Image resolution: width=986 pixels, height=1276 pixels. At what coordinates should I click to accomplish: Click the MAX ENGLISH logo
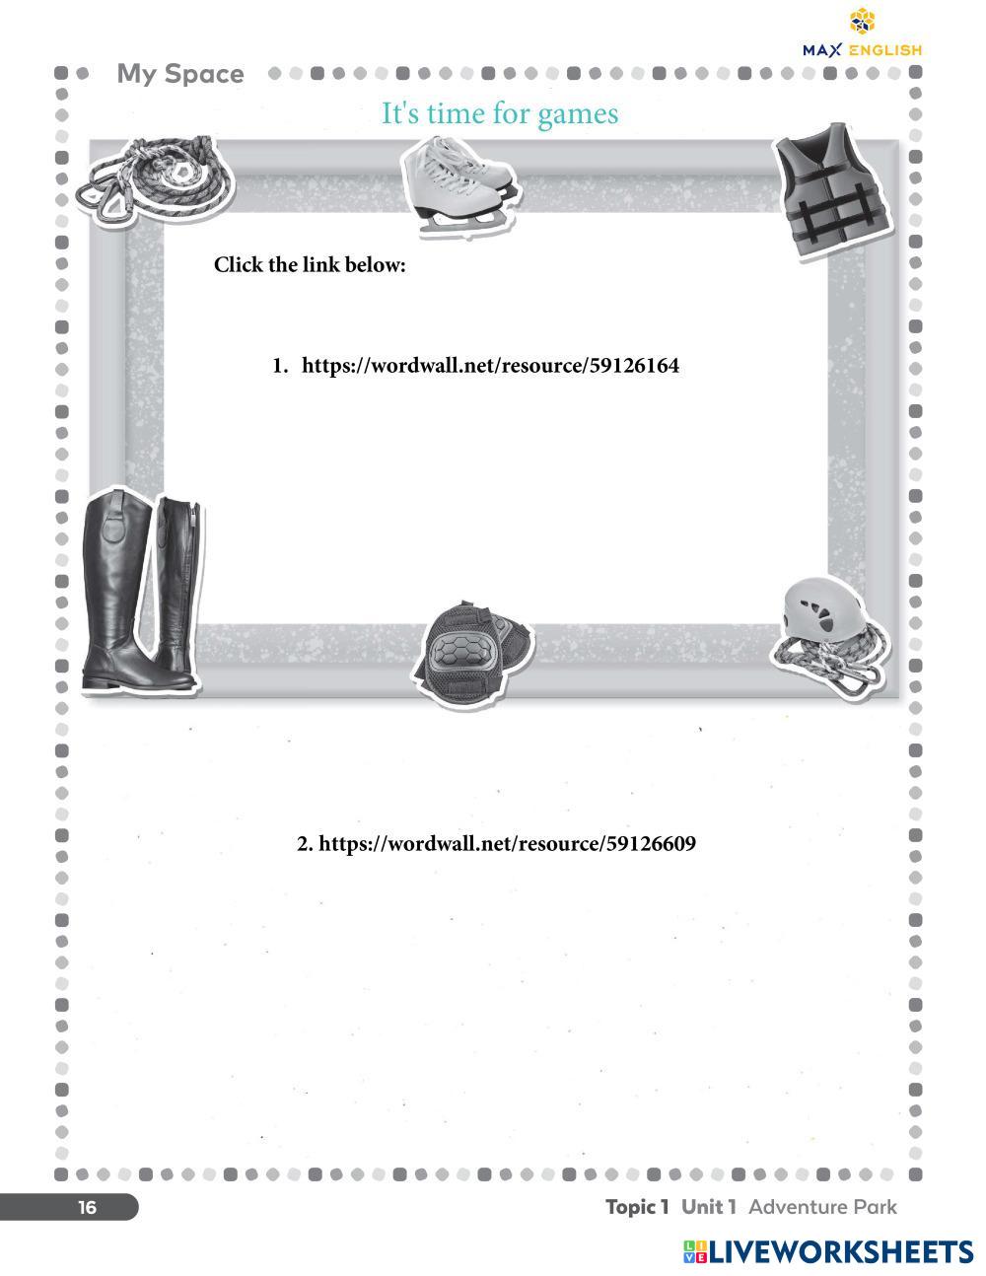pyautogui.click(x=863, y=35)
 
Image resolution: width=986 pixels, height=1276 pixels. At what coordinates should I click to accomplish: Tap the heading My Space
pyautogui.click(x=180, y=74)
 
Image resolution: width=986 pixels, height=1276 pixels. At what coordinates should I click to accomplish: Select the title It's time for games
pyautogui.click(x=500, y=113)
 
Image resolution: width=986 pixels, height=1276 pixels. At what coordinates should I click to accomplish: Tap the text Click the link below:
pyautogui.click(x=310, y=265)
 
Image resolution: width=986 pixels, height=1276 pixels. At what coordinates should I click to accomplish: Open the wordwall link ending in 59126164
pyautogui.click(x=489, y=366)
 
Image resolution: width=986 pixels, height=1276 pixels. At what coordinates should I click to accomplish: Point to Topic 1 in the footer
pyautogui.click(x=637, y=1207)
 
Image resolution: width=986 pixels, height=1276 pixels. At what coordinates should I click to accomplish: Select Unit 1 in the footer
pyautogui.click(x=708, y=1207)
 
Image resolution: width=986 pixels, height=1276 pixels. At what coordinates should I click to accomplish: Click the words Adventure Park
pyautogui.click(x=822, y=1207)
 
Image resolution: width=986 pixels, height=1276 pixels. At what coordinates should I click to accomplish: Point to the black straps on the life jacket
pyautogui.click(x=837, y=217)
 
